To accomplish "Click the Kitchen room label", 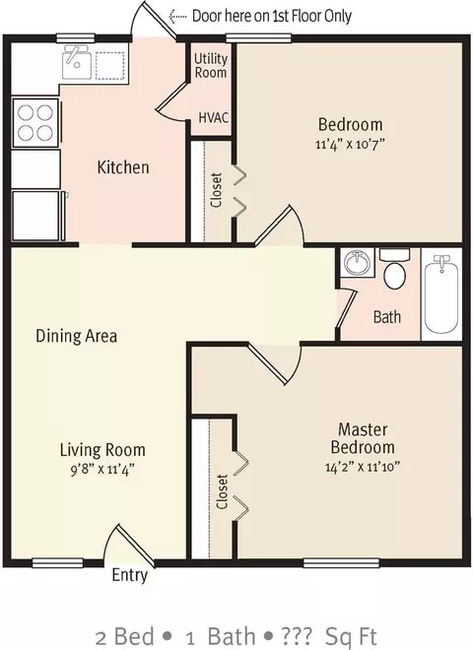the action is pyautogui.click(x=123, y=167).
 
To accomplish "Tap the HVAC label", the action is pyautogui.click(x=213, y=118).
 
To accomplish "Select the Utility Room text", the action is pyautogui.click(x=211, y=66).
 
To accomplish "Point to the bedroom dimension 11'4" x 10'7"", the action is pyautogui.click(x=350, y=144).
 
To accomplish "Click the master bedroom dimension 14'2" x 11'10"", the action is pyautogui.click(x=363, y=467).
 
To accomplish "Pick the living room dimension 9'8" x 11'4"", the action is pyautogui.click(x=102, y=470).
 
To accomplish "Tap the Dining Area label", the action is pyautogui.click(x=76, y=336).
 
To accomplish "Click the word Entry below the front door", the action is pyautogui.click(x=130, y=575).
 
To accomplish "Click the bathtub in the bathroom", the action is pyautogui.click(x=441, y=294).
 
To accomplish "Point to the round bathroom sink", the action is pyautogui.click(x=357, y=262).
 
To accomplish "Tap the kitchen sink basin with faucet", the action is pyautogui.click(x=77, y=62).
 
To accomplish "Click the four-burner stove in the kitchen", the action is pyautogui.click(x=35, y=123).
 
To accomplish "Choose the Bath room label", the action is pyautogui.click(x=387, y=317).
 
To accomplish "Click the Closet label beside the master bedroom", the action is pyautogui.click(x=223, y=492).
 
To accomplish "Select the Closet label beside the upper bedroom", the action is pyautogui.click(x=217, y=190).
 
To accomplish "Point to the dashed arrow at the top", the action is pyautogui.click(x=177, y=16).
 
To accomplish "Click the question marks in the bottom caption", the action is pyautogui.click(x=297, y=636).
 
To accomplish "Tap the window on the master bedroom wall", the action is pyautogui.click(x=342, y=563).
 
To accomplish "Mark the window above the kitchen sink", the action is pyautogui.click(x=76, y=38).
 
